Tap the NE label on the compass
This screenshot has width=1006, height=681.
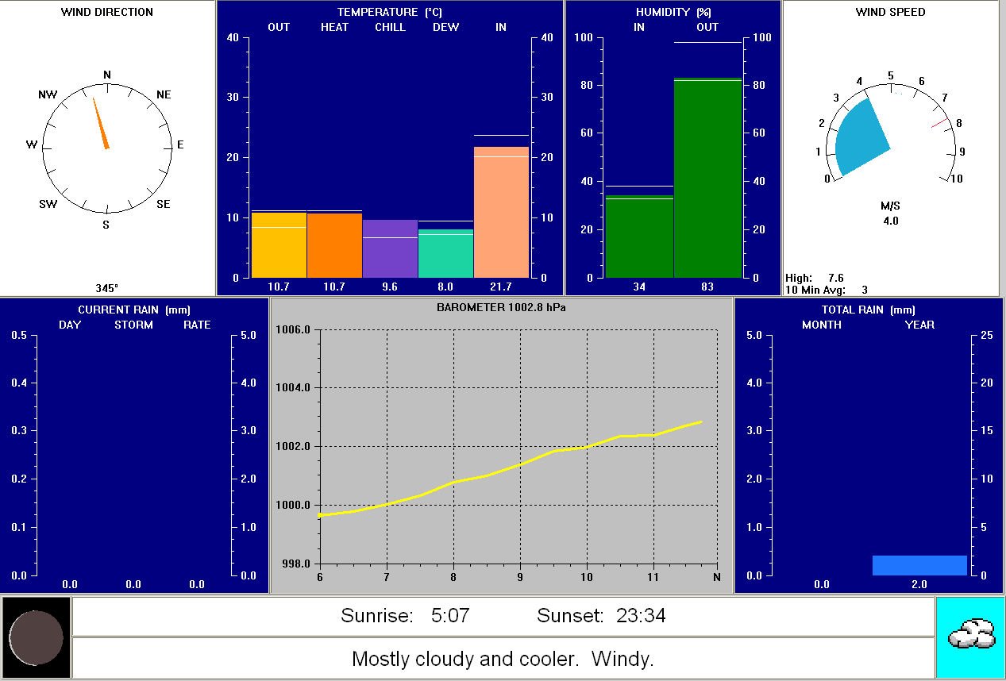pyautogui.click(x=164, y=94)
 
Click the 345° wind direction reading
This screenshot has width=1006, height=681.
pyautogui.click(x=107, y=288)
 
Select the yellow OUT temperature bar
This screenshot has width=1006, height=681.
pyautogui.click(x=279, y=246)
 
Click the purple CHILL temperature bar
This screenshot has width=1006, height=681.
pyautogui.click(x=390, y=249)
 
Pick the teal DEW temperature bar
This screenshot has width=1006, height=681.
pyautogui.click(x=445, y=254)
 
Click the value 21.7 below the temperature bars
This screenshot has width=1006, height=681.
pyautogui.click(x=501, y=287)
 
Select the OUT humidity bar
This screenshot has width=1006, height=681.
pyautogui.click(x=707, y=179)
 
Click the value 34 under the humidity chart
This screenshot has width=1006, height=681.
pyautogui.click(x=639, y=287)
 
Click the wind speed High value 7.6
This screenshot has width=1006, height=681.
pyautogui.click(x=835, y=278)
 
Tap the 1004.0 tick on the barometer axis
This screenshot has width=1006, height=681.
pyautogui.click(x=295, y=387)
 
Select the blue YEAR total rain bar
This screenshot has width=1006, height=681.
pyautogui.click(x=919, y=565)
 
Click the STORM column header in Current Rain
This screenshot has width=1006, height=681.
pyautogui.click(x=133, y=325)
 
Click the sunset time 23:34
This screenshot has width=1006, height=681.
pyautogui.click(x=644, y=615)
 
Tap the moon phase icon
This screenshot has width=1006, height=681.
pyautogui.click(x=36, y=637)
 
